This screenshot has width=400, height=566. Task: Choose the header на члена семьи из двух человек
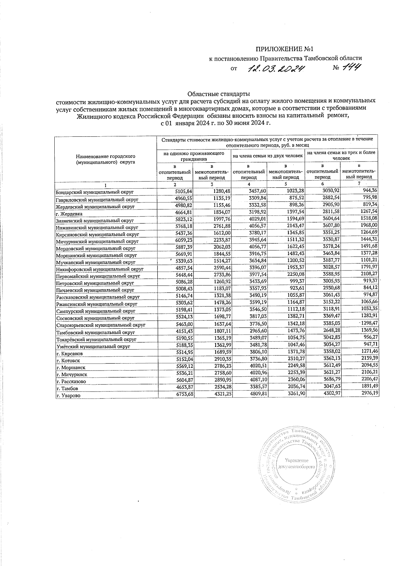point(268,156)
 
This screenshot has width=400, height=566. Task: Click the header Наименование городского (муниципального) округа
point(105,159)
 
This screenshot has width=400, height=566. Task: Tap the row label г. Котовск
point(68,361)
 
